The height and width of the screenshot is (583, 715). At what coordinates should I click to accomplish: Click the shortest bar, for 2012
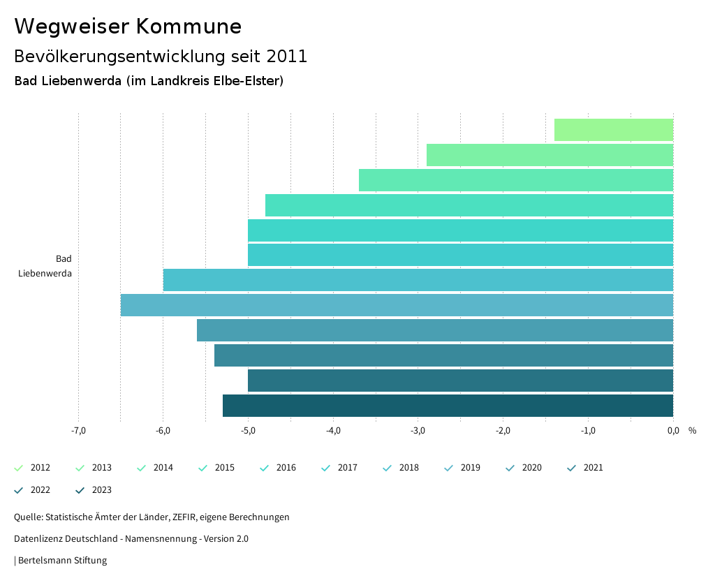614,130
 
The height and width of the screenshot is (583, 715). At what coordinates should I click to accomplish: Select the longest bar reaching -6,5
397,305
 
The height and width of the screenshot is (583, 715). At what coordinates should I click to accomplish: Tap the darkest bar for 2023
448,406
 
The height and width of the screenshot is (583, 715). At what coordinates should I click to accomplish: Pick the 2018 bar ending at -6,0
418,280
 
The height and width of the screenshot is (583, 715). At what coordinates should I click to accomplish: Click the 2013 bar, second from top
550,155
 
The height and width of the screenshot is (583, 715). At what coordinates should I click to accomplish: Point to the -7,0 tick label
78,430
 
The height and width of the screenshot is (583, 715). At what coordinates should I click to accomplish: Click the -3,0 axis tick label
418,430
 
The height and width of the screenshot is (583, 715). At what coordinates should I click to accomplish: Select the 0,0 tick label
672,430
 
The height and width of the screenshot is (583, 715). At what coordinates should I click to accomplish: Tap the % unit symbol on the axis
692,430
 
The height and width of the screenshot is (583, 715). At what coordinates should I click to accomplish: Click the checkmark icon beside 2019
449,468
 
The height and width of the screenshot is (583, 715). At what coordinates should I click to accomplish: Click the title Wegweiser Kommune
128,27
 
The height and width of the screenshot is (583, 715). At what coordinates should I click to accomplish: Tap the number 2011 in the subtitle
287,57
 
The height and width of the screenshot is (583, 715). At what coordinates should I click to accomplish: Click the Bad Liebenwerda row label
45,266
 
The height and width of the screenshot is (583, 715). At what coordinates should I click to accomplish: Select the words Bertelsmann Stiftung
62,560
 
